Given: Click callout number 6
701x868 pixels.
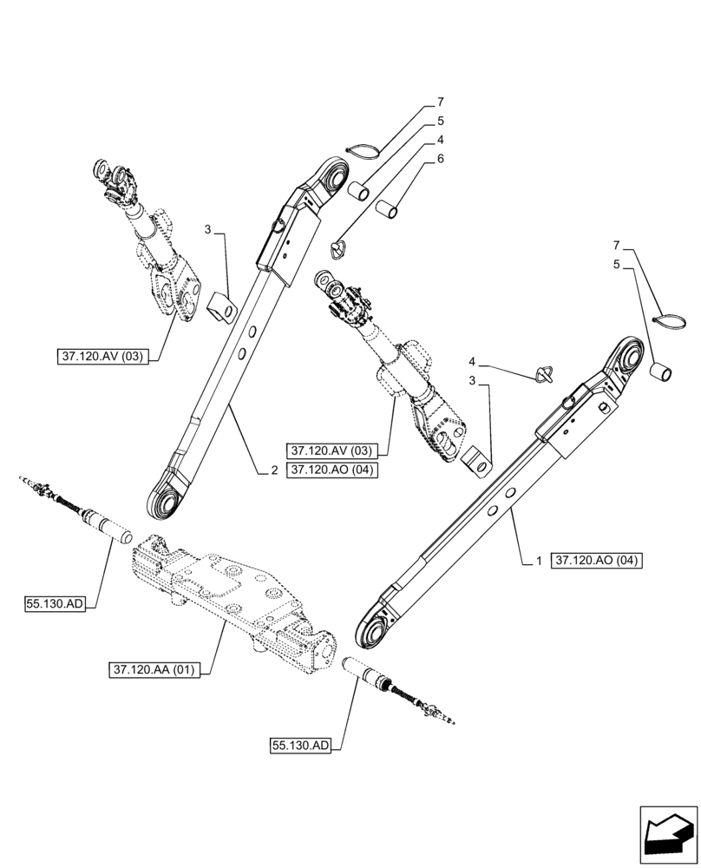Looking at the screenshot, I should tap(441, 159).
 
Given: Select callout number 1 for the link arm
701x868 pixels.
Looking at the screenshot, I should tap(538, 562).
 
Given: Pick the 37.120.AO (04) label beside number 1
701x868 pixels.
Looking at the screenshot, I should tap(596, 562).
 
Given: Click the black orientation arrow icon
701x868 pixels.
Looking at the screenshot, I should tap(668, 834).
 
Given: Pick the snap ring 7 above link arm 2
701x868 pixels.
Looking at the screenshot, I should tap(364, 151).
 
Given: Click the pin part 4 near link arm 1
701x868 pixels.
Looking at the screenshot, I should tap(544, 375).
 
